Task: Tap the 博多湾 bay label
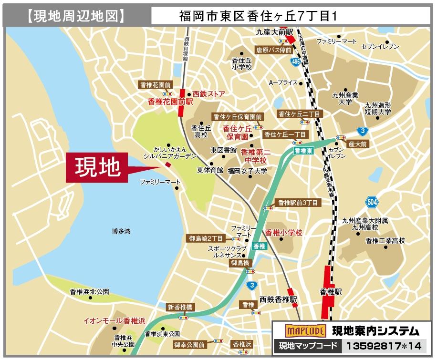[121, 231]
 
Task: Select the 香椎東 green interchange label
[303, 150]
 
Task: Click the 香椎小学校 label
[284, 233]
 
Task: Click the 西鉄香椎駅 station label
[279, 300]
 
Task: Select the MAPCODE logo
[305, 330]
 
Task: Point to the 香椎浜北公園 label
[89, 291]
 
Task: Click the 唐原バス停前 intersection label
[273, 49]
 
